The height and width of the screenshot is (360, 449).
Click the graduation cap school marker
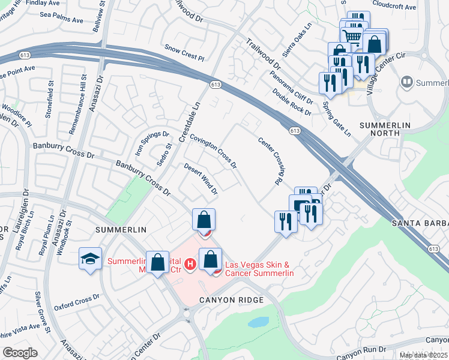click(90, 259)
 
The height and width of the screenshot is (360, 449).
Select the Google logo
click(20, 353)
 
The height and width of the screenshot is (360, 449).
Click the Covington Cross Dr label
click(213, 151)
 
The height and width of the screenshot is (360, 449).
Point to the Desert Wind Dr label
click(200, 179)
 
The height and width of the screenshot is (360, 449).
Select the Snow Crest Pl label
click(184, 52)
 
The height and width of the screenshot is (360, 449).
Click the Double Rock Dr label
click(292, 101)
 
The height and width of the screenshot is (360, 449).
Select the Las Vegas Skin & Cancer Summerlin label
click(259, 269)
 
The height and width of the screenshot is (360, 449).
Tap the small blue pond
click(259, 322)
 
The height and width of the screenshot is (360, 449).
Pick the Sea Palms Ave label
click(61, 20)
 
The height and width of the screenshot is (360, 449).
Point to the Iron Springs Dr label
click(145, 142)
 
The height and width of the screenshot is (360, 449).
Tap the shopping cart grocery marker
click(354, 37)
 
